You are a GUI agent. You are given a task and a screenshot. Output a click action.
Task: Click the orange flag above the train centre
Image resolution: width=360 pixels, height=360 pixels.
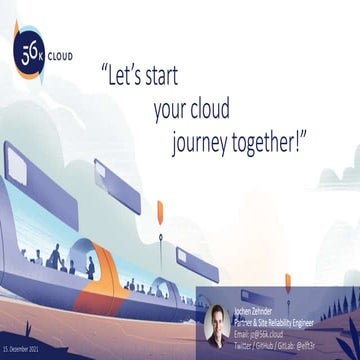[x=159, y=211]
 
